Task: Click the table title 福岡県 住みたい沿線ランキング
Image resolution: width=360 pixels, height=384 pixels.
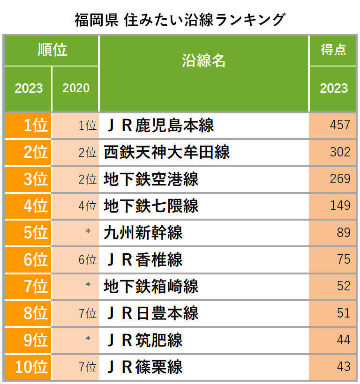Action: (x=180, y=19)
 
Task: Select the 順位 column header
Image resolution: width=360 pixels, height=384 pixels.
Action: (x=52, y=50)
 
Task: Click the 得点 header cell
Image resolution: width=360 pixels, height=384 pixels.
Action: (x=333, y=50)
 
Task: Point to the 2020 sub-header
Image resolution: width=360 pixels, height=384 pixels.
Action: (x=75, y=88)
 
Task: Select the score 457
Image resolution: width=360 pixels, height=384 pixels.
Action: (x=340, y=125)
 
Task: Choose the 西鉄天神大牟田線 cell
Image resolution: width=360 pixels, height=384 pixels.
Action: (x=167, y=152)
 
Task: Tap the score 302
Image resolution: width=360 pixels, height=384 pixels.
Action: (x=340, y=152)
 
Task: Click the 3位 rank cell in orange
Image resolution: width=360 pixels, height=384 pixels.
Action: (x=29, y=179)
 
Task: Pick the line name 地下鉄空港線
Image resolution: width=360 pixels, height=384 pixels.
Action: (x=151, y=179)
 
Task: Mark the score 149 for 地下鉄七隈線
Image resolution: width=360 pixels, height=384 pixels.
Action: (x=340, y=206)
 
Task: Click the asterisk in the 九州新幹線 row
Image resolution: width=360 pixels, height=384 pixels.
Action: (x=88, y=232)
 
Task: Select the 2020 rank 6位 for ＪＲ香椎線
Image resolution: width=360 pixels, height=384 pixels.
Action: (x=87, y=259)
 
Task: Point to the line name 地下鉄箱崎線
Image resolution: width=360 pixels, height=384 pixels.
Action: (x=151, y=286)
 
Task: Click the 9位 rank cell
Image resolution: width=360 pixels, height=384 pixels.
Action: (x=29, y=340)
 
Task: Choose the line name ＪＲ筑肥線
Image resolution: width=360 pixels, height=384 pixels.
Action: (x=143, y=340)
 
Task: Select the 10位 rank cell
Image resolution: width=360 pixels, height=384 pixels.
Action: (x=29, y=367)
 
